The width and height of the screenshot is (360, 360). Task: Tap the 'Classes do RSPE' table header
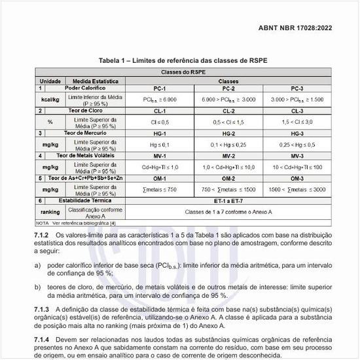(x=179, y=72)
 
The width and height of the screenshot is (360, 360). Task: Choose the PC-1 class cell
(x=160, y=88)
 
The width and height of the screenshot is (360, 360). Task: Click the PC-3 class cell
(x=297, y=88)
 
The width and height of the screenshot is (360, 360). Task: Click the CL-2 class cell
(x=228, y=111)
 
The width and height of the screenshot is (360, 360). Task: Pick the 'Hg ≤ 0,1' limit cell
(x=160, y=143)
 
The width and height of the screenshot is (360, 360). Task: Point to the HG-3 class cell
(x=297, y=133)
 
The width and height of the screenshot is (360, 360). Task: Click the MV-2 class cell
(x=228, y=156)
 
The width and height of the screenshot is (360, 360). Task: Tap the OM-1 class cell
(x=160, y=178)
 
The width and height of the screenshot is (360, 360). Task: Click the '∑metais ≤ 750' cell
(x=160, y=189)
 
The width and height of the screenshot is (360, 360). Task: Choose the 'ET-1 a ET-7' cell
(x=228, y=200)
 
